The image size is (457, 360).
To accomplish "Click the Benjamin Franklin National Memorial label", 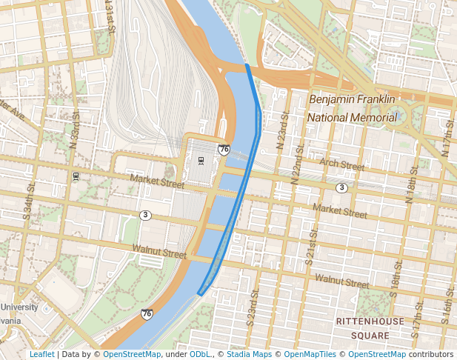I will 353,108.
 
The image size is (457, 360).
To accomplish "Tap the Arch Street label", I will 341,164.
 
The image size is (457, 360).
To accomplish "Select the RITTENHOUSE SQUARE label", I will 370,327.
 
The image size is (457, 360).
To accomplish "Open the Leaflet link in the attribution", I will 41,354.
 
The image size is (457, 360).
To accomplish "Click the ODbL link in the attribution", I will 200,354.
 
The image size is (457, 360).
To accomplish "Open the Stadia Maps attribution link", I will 249,354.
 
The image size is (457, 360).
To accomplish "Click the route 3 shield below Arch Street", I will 341,188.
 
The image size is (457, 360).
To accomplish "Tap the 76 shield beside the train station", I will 223,150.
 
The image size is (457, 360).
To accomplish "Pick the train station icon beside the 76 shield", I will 200,161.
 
